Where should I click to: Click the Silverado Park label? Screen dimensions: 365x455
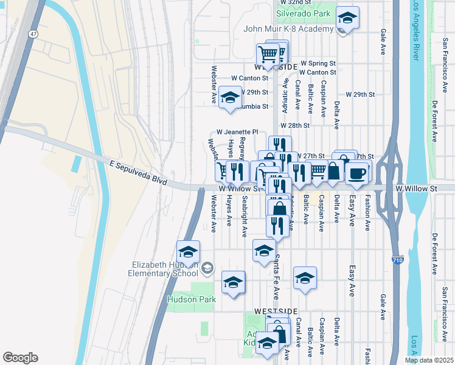303,13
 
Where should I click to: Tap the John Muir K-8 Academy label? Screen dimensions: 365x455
288,28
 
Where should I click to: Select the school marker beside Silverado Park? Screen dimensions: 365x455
347,18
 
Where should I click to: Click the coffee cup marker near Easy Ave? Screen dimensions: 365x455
357,173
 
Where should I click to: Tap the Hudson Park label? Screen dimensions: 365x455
192,299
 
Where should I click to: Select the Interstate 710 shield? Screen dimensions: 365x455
396,261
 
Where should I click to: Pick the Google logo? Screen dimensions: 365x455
20,358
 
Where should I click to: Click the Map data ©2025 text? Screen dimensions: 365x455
428,360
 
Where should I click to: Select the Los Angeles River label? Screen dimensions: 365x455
416,30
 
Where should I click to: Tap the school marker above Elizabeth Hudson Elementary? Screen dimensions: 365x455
189,251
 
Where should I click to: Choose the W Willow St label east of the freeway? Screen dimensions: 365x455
416,189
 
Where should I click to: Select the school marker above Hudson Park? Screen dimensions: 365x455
233,282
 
